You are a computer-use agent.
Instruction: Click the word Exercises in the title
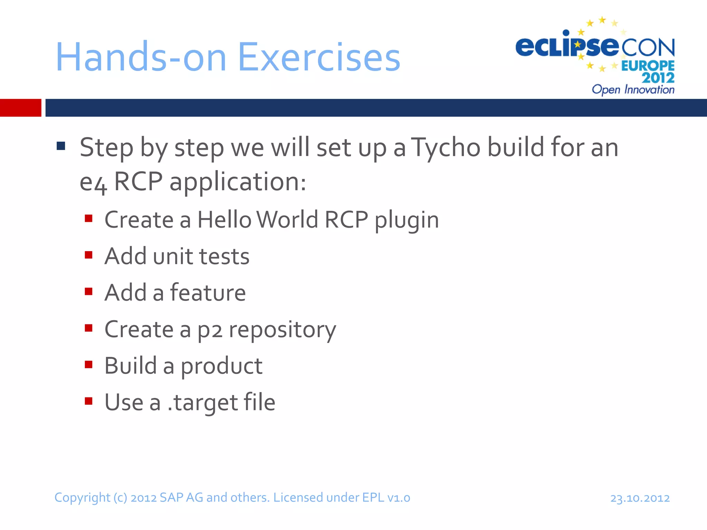coord(319,57)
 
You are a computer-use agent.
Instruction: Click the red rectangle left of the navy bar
coord(20,108)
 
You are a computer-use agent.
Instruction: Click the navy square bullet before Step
coord(61,146)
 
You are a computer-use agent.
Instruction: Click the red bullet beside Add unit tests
coord(89,255)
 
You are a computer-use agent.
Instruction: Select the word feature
coord(208,293)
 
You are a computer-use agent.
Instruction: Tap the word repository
coord(282,330)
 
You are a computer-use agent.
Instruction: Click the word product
coord(221,366)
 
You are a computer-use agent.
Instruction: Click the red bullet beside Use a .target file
coord(89,401)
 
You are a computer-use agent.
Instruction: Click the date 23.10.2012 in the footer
coord(640,498)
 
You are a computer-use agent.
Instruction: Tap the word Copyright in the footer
coord(82,498)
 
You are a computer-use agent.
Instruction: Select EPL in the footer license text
coord(373,498)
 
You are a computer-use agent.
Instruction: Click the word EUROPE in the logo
coord(648,66)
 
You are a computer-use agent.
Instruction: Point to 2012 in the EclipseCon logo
coord(658,78)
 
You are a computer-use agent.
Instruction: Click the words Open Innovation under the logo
coord(633,90)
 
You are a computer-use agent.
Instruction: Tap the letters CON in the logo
coord(648,48)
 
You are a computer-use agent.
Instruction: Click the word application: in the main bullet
coord(238,182)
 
